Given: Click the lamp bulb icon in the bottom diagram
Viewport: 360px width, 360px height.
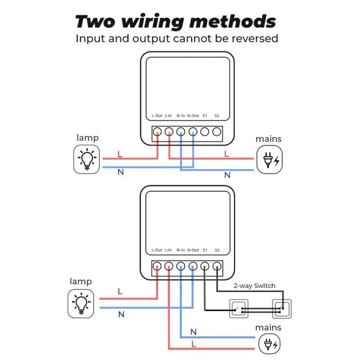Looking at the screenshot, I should (x=82, y=303).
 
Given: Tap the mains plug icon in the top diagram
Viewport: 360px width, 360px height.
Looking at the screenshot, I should (x=269, y=160).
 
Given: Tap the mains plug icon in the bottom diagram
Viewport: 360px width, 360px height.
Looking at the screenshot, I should (x=269, y=344).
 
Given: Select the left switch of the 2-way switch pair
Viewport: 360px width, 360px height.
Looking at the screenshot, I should (x=238, y=310).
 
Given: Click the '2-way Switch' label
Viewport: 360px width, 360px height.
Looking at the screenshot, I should (x=254, y=286).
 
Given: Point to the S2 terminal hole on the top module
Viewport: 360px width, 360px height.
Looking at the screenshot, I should (x=217, y=132).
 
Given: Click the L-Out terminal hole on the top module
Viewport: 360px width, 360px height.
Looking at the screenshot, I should (x=157, y=132).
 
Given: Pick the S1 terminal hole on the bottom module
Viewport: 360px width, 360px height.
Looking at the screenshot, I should (x=205, y=266).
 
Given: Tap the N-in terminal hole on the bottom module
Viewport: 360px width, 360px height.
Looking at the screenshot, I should (x=181, y=266).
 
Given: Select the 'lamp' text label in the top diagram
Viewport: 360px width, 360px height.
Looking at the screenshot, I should (x=87, y=138).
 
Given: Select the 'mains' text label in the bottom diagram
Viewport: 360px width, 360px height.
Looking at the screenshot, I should (x=268, y=328).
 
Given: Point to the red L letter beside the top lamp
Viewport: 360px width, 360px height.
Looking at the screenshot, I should (x=120, y=154).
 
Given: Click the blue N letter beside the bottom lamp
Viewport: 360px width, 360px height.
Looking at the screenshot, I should (x=121, y=314).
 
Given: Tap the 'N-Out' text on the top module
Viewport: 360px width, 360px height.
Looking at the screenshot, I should (x=193, y=116).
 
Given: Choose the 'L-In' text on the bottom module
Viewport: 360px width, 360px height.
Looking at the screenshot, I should (x=168, y=250).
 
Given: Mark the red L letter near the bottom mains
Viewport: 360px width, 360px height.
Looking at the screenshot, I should (x=193, y=343).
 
